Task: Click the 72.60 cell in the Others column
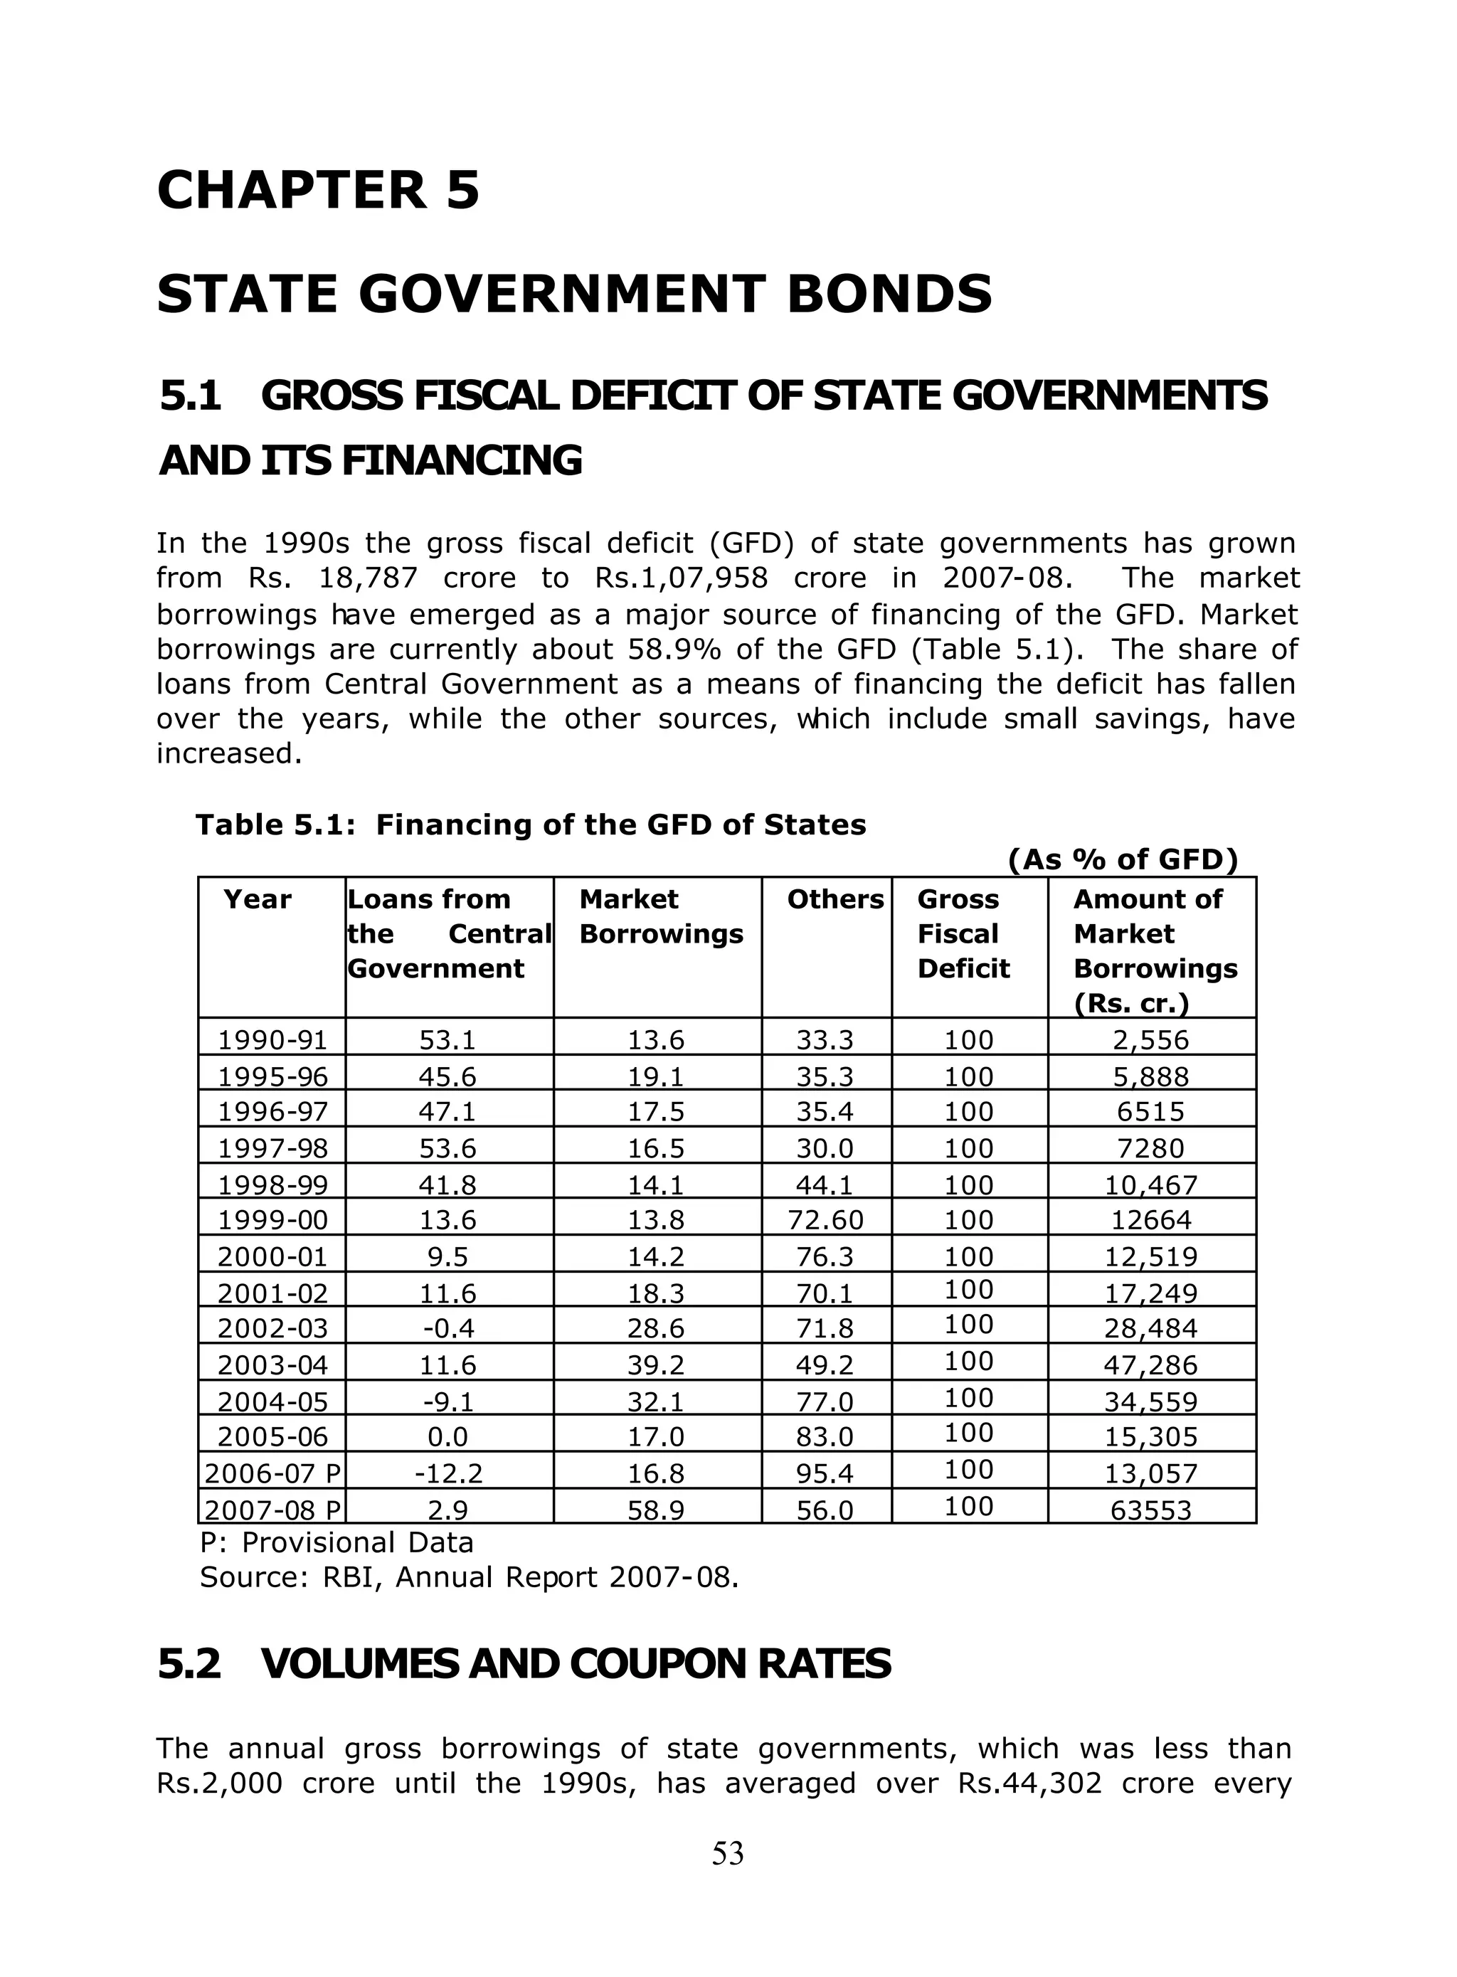(x=825, y=1220)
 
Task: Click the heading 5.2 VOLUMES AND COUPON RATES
(x=524, y=1664)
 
